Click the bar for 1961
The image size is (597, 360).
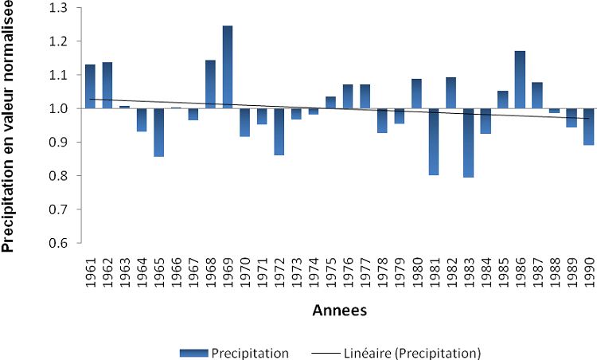tap(90, 86)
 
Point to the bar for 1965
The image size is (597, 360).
tap(158, 132)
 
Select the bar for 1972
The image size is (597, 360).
tap(279, 131)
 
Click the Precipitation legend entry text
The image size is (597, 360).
tap(251, 351)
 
